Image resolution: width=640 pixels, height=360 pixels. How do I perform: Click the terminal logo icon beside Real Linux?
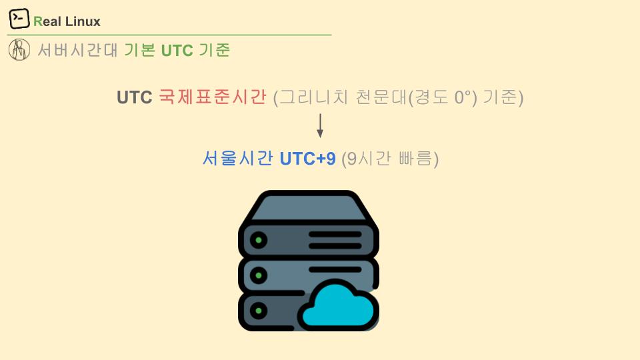pos(19,19)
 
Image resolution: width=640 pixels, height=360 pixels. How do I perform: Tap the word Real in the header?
pos(47,21)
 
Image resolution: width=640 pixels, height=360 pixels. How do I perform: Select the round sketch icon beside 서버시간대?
pos(19,49)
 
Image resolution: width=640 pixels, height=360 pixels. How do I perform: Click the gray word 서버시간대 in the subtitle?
pos(77,50)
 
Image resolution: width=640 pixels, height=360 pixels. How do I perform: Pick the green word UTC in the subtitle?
pos(177,51)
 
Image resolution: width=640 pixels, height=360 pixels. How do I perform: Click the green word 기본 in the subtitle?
pos(139,50)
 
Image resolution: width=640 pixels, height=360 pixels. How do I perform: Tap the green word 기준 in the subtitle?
pos(215,50)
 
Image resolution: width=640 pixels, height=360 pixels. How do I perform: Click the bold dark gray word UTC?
pos(134,97)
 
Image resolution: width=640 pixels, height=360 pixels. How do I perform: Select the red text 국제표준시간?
pos(213,97)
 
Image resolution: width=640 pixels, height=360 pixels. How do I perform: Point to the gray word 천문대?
pos(382,97)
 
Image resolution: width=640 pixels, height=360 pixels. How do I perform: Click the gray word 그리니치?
pos(314,97)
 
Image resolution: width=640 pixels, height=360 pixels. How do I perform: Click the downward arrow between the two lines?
pos(320,126)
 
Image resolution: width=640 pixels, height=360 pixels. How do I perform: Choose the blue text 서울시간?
pos(238,158)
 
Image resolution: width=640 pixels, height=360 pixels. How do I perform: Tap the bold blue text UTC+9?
pos(308,159)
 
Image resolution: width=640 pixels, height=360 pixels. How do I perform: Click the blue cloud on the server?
pos(339,305)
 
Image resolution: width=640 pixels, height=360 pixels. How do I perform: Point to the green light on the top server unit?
pos(259,240)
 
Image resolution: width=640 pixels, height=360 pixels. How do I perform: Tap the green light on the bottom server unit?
pos(259,311)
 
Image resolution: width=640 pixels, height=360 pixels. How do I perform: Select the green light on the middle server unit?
pos(259,275)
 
